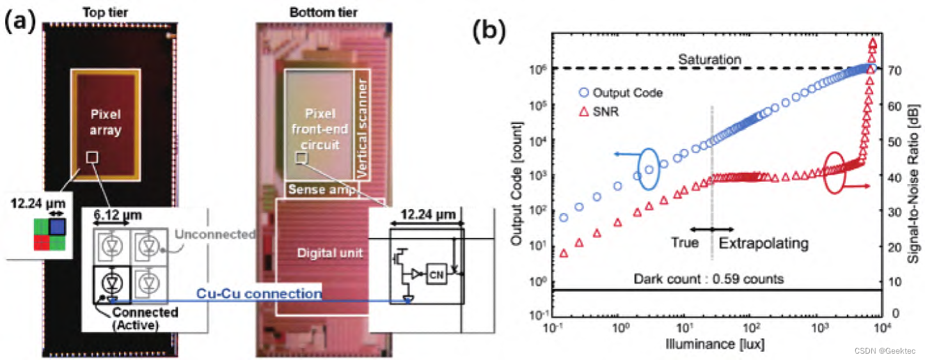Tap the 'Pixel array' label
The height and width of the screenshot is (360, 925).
[x=106, y=123]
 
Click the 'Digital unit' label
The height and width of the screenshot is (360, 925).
[x=329, y=253]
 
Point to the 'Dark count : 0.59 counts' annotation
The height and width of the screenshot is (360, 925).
[x=709, y=279]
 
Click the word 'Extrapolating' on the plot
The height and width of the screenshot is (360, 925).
[x=764, y=243]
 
